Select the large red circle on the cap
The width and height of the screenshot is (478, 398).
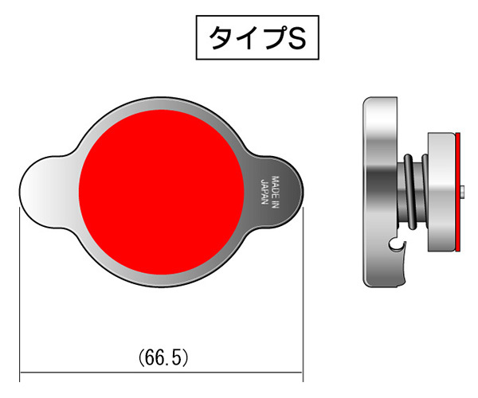click(x=162, y=191)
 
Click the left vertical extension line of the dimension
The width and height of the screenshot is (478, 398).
click(x=20, y=287)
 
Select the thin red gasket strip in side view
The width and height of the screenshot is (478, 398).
click(x=460, y=191)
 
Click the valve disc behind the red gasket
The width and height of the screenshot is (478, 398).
click(x=442, y=191)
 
